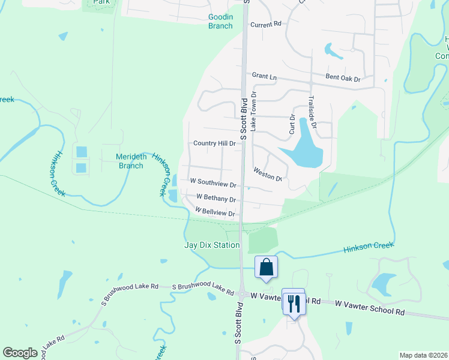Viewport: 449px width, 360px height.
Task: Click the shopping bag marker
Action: (x=267, y=266)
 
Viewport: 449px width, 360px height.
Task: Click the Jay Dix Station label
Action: (x=212, y=245)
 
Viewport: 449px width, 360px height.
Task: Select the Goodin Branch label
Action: (x=220, y=21)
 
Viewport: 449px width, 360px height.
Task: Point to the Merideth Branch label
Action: (x=131, y=161)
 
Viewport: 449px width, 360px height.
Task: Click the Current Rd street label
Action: (x=266, y=25)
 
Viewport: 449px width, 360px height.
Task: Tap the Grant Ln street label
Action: (x=265, y=76)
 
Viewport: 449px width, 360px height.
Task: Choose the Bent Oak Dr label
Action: (x=343, y=79)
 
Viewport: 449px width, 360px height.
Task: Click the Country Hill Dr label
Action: (x=214, y=143)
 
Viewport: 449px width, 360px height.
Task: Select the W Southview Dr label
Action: (x=213, y=181)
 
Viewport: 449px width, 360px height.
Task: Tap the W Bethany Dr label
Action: (x=215, y=198)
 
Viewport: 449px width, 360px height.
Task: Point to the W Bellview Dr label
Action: (x=214, y=212)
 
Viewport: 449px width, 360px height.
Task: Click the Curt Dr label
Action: (x=292, y=123)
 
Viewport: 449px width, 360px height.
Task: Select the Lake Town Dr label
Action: (x=254, y=112)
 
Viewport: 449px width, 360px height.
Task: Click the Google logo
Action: (x=20, y=353)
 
